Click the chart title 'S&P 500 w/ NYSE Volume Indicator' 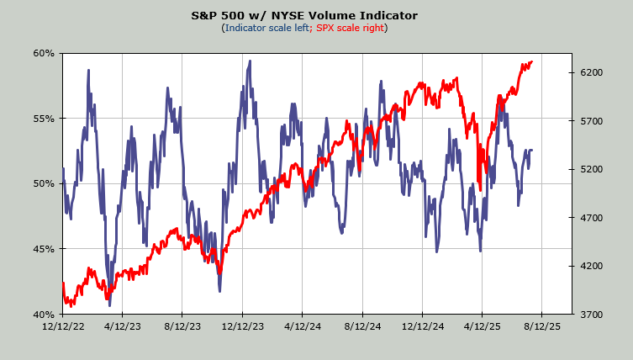click(x=316, y=15)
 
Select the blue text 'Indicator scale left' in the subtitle click(x=266, y=28)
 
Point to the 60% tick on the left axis click(x=44, y=53)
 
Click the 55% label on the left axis click(x=44, y=119)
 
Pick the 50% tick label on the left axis click(x=44, y=183)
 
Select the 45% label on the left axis click(x=44, y=249)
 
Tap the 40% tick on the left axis click(x=44, y=315)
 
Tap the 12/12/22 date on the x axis click(x=63, y=325)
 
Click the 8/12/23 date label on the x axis click(x=182, y=325)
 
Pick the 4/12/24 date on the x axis click(x=303, y=325)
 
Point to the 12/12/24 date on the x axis click(x=422, y=325)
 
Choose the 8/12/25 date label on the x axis click(x=541, y=325)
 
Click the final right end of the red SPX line click(x=532, y=61)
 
